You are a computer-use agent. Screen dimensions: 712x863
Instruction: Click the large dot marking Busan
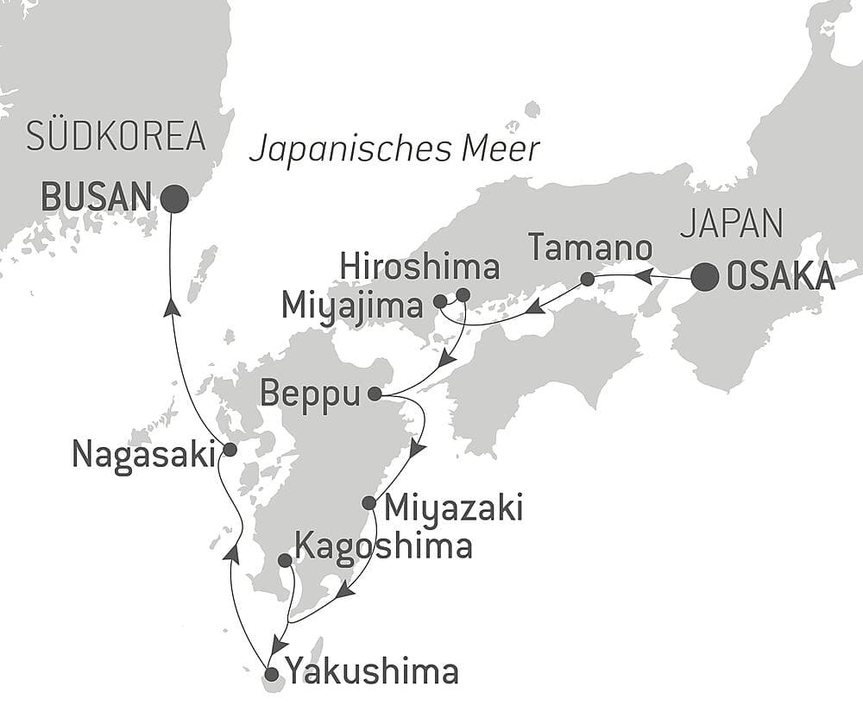point(174,199)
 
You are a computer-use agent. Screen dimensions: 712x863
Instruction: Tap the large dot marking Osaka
point(705,277)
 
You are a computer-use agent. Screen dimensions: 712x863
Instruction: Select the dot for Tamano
point(587,279)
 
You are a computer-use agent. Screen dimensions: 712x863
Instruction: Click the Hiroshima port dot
point(463,295)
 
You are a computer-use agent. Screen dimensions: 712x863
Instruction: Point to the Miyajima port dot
point(440,301)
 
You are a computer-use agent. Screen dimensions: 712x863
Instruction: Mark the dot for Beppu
point(374,394)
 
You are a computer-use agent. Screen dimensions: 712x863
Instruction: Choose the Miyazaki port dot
point(369,502)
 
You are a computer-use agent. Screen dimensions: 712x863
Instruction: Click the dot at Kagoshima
point(285,560)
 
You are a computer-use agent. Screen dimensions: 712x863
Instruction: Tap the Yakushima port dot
point(272,674)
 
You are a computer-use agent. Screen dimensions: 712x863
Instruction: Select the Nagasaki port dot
point(230,450)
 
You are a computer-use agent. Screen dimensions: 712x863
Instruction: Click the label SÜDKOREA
point(116,137)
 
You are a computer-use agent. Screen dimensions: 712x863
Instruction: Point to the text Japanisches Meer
point(394,149)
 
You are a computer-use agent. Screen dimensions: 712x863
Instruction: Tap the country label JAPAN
point(731,224)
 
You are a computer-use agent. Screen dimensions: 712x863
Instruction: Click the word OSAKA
point(781,277)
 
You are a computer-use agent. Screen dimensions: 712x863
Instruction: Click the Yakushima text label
point(372,672)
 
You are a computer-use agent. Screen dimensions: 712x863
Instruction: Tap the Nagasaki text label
point(143,453)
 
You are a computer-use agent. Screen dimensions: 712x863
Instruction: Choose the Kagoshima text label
point(383,545)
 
